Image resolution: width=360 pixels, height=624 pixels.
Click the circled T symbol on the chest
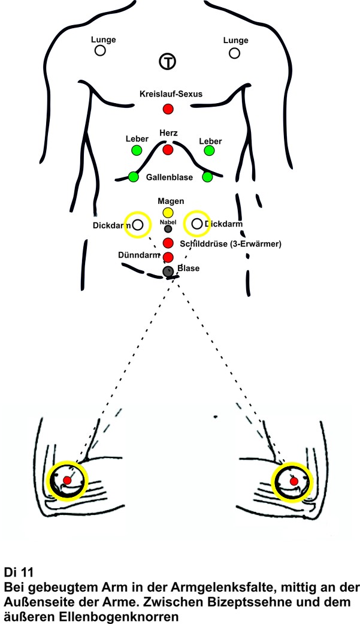click(x=168, y=61)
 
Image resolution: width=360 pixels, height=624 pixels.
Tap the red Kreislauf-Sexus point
click(x=168, y=109)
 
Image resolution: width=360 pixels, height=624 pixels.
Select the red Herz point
click(x=168, y=149)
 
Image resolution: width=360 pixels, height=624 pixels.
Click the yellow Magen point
click(x=168, y=212)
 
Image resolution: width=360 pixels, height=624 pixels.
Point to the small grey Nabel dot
click(x=168, y=228)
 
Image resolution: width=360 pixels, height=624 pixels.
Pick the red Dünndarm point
click(x=168, y=257)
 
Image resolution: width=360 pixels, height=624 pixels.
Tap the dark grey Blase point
click(x=168, y=272)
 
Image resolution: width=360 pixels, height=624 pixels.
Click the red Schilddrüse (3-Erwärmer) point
click(x=168, y=243)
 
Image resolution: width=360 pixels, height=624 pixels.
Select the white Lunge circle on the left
click(x=100, y=51)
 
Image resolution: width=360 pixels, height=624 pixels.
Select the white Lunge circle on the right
click(x=234, y=53)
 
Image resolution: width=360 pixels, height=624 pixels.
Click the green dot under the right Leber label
click(x=209, y=150)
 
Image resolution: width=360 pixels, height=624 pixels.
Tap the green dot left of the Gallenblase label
click(x=133, y=177)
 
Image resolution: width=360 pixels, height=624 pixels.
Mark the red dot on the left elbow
click(x=68, y=481)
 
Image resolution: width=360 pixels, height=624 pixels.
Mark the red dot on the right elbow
click(x=294, y=481)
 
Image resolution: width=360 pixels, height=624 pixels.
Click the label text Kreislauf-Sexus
click(x=170, y=94)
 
